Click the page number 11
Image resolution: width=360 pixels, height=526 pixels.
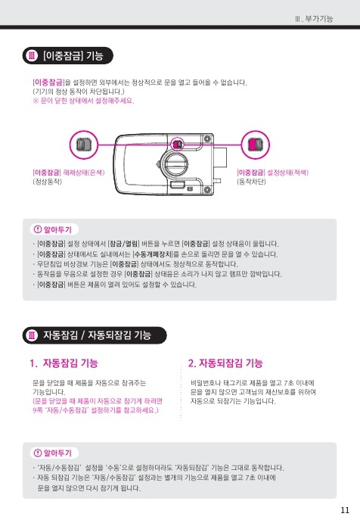(x=345, y=510)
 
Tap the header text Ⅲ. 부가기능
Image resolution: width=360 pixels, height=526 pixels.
(x=314, y=18)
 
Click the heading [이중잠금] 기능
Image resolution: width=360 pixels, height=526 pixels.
(x=73, y=55)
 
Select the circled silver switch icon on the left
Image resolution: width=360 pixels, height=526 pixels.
(x=83, y=145)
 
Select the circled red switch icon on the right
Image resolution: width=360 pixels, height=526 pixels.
(x=256, y=145)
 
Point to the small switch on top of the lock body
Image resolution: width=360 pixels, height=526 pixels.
(x=177, y=145)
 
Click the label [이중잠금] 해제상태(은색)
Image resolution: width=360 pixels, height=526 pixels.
(x=69, y=173)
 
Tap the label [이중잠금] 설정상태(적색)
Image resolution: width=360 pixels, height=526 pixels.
(x=272, y=173)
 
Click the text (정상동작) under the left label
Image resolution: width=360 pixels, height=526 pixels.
(x=47, y=182)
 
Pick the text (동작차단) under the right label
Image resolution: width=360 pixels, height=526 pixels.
(x=251, y=182)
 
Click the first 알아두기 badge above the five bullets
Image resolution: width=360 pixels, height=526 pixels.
(x=54, y=229)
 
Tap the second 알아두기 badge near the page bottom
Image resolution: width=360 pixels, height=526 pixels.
(x=54, y=453)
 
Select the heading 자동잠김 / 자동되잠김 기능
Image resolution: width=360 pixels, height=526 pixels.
(x=97, y=335)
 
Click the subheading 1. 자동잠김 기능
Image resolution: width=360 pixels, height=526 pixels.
(x=64, y=363)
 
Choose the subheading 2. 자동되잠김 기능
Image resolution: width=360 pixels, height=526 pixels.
(x=225, y=363)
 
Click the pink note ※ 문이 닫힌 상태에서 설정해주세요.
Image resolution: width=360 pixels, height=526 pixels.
(x=83, y=101)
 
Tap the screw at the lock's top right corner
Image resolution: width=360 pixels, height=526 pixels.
(x=207, y=139)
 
